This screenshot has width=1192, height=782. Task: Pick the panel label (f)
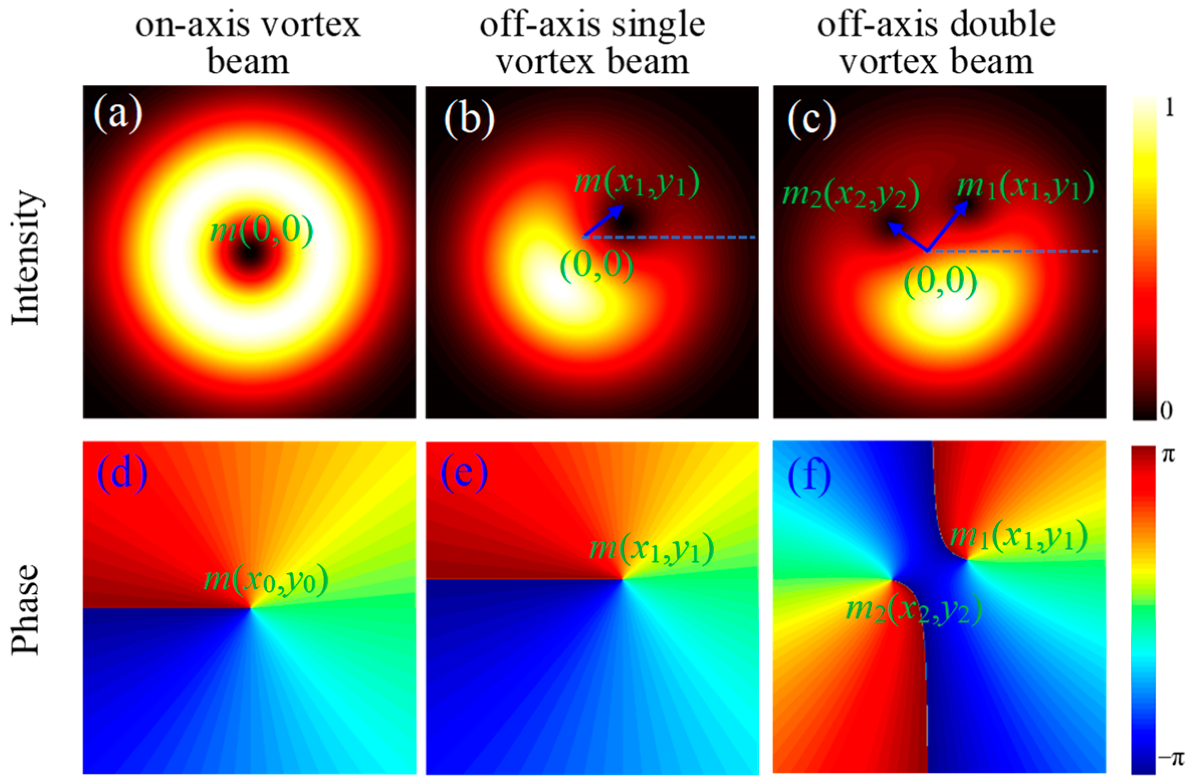point(809,477)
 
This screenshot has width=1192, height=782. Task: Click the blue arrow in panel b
point(603,221)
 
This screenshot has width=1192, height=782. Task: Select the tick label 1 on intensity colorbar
point(1169,107)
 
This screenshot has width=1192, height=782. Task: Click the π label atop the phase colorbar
point(1168,455)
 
